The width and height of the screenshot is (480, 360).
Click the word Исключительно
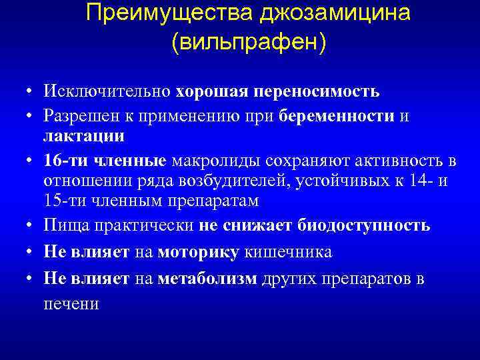point(107,91)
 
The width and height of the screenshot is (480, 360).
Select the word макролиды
point(217,161)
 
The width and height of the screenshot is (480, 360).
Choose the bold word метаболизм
point(207,279)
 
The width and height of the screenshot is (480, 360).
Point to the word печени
point(71,303)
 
